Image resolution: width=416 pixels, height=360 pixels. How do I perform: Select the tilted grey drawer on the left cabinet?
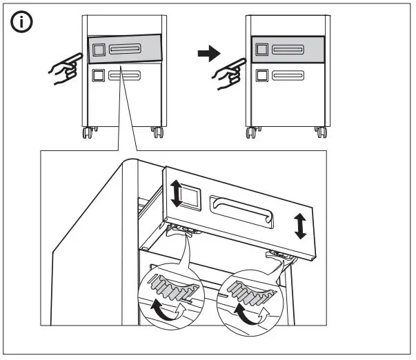click(x=124, y=50)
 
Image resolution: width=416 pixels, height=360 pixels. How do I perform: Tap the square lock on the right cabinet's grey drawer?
click(x=261, y=50)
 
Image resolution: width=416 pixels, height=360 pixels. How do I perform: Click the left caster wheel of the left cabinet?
click(x=88, y=131)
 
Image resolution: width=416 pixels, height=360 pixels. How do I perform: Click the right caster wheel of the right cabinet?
click(x=320, y=131)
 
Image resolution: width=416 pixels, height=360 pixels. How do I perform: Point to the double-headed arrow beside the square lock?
click(x=177, y=193)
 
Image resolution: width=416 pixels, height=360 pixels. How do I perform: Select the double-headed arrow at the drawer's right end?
click(x=300, y=226)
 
